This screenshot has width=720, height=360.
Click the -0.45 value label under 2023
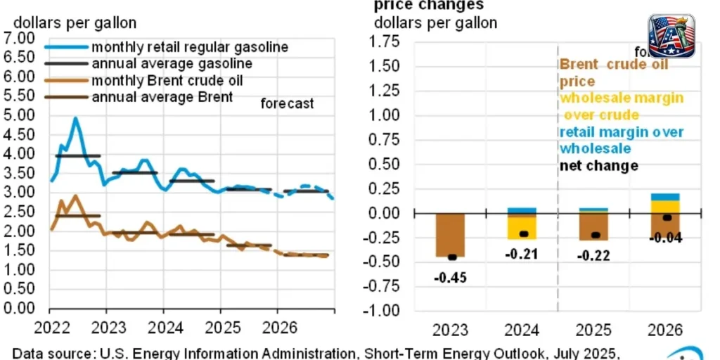pos(450,276)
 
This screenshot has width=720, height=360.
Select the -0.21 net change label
pos(521,254)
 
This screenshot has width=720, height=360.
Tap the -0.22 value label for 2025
pos(593,255)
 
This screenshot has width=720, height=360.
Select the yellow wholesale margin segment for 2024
pos(521,227)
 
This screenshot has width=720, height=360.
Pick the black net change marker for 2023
pos(451,257)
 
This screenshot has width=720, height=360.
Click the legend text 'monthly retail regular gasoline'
pos(190,47)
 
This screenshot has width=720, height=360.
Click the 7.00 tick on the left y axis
pos(19,38)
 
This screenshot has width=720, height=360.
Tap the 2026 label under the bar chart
pos(664,330)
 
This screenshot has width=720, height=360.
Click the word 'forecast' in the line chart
pos(287,104)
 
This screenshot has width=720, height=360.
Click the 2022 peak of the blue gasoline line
pos(76,119)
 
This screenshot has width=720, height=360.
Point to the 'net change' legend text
pos(598,166)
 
